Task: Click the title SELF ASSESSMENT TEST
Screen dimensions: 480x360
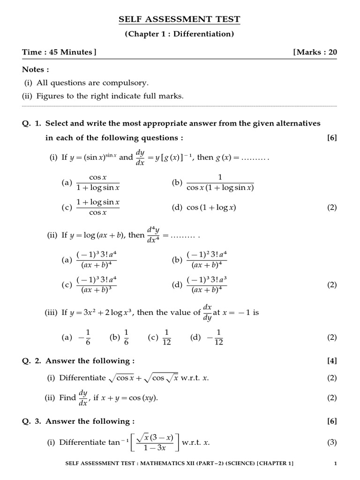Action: pos(180,19)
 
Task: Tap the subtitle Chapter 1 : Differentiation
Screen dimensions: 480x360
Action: pos(180,34)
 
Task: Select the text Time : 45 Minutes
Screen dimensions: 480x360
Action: pos(59,52)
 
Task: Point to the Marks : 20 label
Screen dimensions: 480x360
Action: pos(315,52)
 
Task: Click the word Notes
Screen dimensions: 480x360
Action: pos(36,69)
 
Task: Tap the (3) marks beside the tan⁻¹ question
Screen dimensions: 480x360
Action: pos(332,442)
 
